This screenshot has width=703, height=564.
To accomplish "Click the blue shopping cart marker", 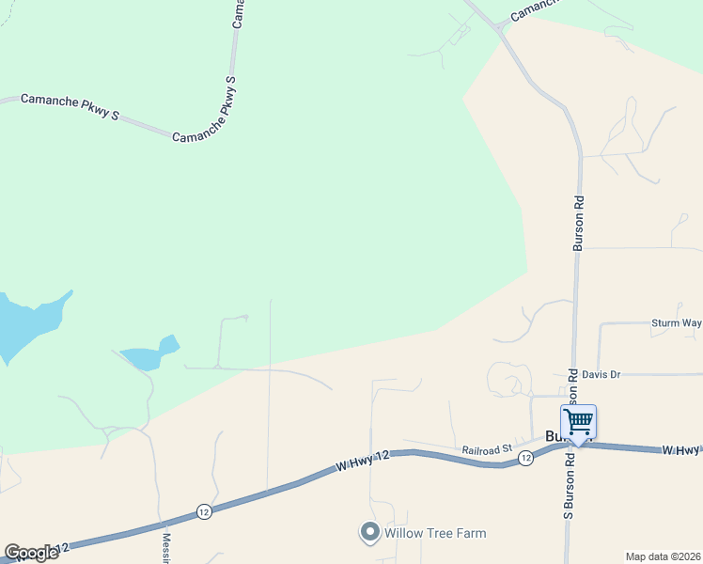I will (x=578, y=421).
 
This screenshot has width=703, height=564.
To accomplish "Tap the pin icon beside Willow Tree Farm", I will (x=369, y=533).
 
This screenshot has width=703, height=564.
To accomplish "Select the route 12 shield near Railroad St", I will (x=525, y=458).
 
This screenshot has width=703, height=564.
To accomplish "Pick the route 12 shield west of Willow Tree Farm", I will (x=204, y=511).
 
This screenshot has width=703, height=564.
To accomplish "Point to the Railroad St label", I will (x=485, y=450).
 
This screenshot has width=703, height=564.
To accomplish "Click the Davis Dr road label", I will (x=601, y=374).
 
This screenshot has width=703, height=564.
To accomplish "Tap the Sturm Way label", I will (x=676, y=323).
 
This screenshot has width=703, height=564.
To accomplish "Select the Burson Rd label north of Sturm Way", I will (x=580, y=223).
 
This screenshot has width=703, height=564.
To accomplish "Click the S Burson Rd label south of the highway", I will (x=569, y=488).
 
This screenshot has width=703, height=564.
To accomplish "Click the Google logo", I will (x=31, y=553).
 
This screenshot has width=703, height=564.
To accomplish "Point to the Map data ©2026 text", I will (x=663, y=556).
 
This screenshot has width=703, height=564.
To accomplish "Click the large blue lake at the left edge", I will (x=23, y=324).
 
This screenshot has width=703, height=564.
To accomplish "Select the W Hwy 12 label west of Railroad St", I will (x=362, y=460).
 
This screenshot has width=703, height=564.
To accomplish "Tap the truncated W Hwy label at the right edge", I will (x=680, y=451).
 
